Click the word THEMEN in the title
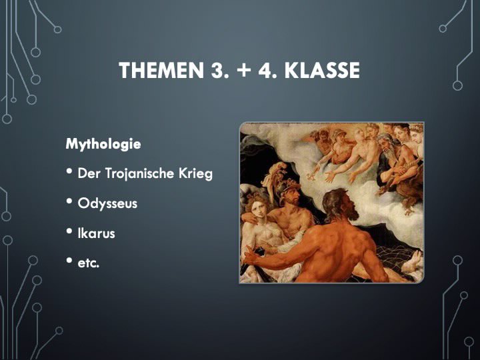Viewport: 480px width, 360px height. pos(161,70)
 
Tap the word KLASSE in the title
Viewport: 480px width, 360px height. pos(322,70)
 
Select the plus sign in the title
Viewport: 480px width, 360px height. pos(244,71)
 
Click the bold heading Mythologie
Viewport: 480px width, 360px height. pos(103,144)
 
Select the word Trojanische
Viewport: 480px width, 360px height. pos(139,173)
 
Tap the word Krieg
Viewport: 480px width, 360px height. pos(195,173)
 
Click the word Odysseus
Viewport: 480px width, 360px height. pos(107,203)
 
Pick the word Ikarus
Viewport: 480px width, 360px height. pos(96,233)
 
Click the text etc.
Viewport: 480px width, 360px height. pos(89,263)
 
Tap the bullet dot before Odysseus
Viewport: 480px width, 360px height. pos(69,201)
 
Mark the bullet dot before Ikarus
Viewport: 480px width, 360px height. pos(69,231)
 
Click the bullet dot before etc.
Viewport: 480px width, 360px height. pos(69,261)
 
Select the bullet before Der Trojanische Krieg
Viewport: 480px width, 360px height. pos(69,171)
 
